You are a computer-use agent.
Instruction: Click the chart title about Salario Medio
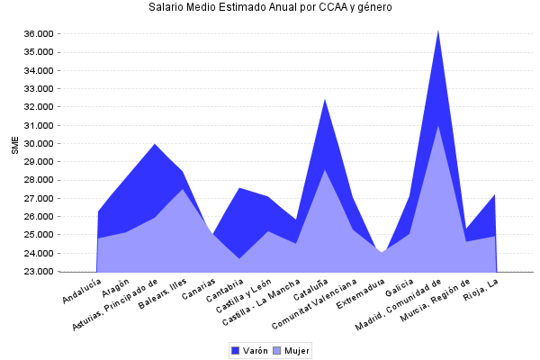[270, 7]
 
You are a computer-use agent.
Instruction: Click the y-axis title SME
[14, 146]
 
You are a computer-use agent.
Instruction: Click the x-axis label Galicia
[398, 289]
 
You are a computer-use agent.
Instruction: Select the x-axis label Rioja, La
[482, 290]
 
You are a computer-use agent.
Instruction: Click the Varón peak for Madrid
[438, 30]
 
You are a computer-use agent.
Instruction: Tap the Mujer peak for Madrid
[438, 125]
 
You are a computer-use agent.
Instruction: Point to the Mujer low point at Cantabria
[239, 258]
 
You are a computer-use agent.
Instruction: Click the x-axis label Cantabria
[225, 292]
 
